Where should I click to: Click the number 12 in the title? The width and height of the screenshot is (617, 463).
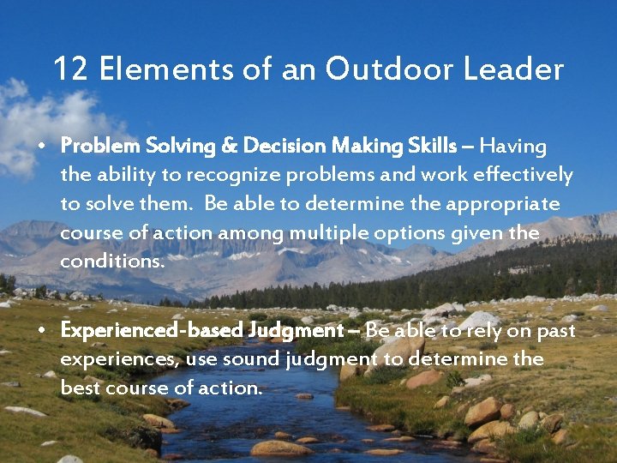[x=71, y=69]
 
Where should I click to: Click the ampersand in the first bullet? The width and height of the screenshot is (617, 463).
[x=231, y=147]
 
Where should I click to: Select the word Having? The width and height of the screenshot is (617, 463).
[x=518, y=147]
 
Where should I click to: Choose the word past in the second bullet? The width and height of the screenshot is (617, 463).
[x=556, y=330]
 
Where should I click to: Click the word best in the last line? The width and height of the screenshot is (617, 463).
[x=78, y=387]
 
